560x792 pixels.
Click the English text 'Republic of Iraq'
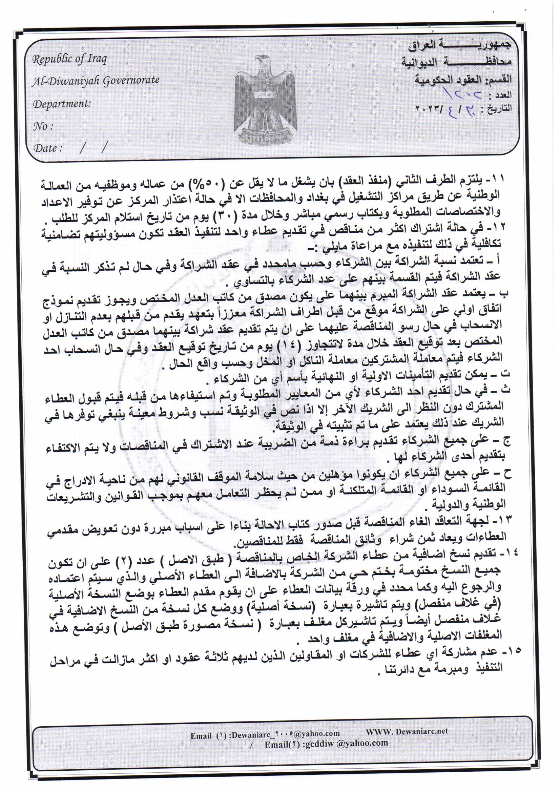[x=69, y=59]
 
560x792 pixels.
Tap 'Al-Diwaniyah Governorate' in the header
[x=96, y=81]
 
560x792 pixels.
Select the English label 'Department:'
[x=62, y=104]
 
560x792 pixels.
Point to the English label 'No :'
[x=43, y=126]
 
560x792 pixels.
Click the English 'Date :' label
[x=48, y=148]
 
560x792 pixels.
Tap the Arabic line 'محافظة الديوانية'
[x=456, y=62]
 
